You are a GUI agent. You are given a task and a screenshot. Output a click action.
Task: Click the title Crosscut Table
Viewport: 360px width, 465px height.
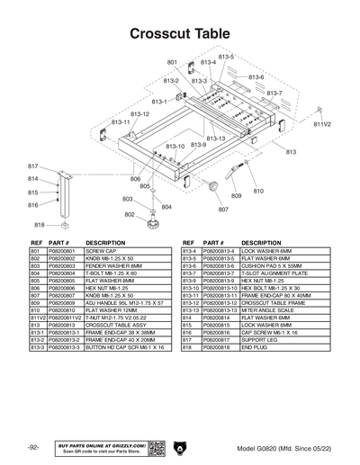179,33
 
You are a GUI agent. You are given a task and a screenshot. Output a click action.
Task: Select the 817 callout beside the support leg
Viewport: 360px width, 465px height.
33,166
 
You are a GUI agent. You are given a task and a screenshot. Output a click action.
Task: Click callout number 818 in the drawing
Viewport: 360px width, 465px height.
40,225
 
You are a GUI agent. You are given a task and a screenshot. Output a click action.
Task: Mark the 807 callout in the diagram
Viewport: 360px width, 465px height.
223,209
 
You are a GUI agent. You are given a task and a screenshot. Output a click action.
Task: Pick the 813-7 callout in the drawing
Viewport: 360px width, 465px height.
274,93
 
